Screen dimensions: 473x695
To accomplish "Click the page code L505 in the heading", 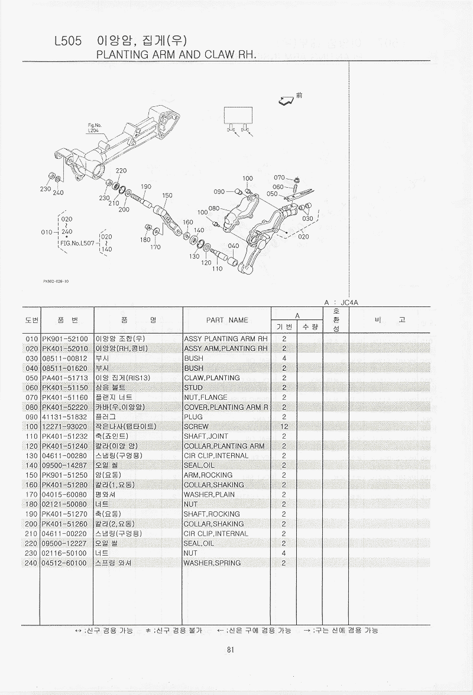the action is click(x=68, y=41).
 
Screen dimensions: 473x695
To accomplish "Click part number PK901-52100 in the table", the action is click(x=65, y=339).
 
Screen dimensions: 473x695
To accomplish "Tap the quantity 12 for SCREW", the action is click(x=284, y=427).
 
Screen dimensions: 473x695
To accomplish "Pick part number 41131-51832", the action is click(x=64, y=417).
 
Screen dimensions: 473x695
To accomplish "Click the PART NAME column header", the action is click(x=226, y=320).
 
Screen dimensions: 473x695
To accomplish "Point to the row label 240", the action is click(x=31, y=563).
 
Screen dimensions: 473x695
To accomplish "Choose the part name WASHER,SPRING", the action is click(x=212, y=563).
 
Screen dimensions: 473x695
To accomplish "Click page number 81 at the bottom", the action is click(x=230, y=650).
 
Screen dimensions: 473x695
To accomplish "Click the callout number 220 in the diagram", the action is click(x=121, y=171).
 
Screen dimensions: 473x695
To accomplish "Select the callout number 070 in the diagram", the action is click(x=279, y=178).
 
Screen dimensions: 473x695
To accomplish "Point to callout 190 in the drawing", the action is click(x=146, y=187).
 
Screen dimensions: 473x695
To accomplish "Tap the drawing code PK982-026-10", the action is click(x=56, y=281).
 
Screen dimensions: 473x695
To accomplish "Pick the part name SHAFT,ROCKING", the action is click(x=212, y=514).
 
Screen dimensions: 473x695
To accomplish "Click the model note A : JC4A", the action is click(x=341, y=303).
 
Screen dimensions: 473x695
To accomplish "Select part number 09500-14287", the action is click(x=64, y=466).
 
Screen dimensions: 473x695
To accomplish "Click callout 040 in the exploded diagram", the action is click(x=234, y=246).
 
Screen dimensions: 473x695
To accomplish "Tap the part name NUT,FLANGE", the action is click(x=205, y=397).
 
